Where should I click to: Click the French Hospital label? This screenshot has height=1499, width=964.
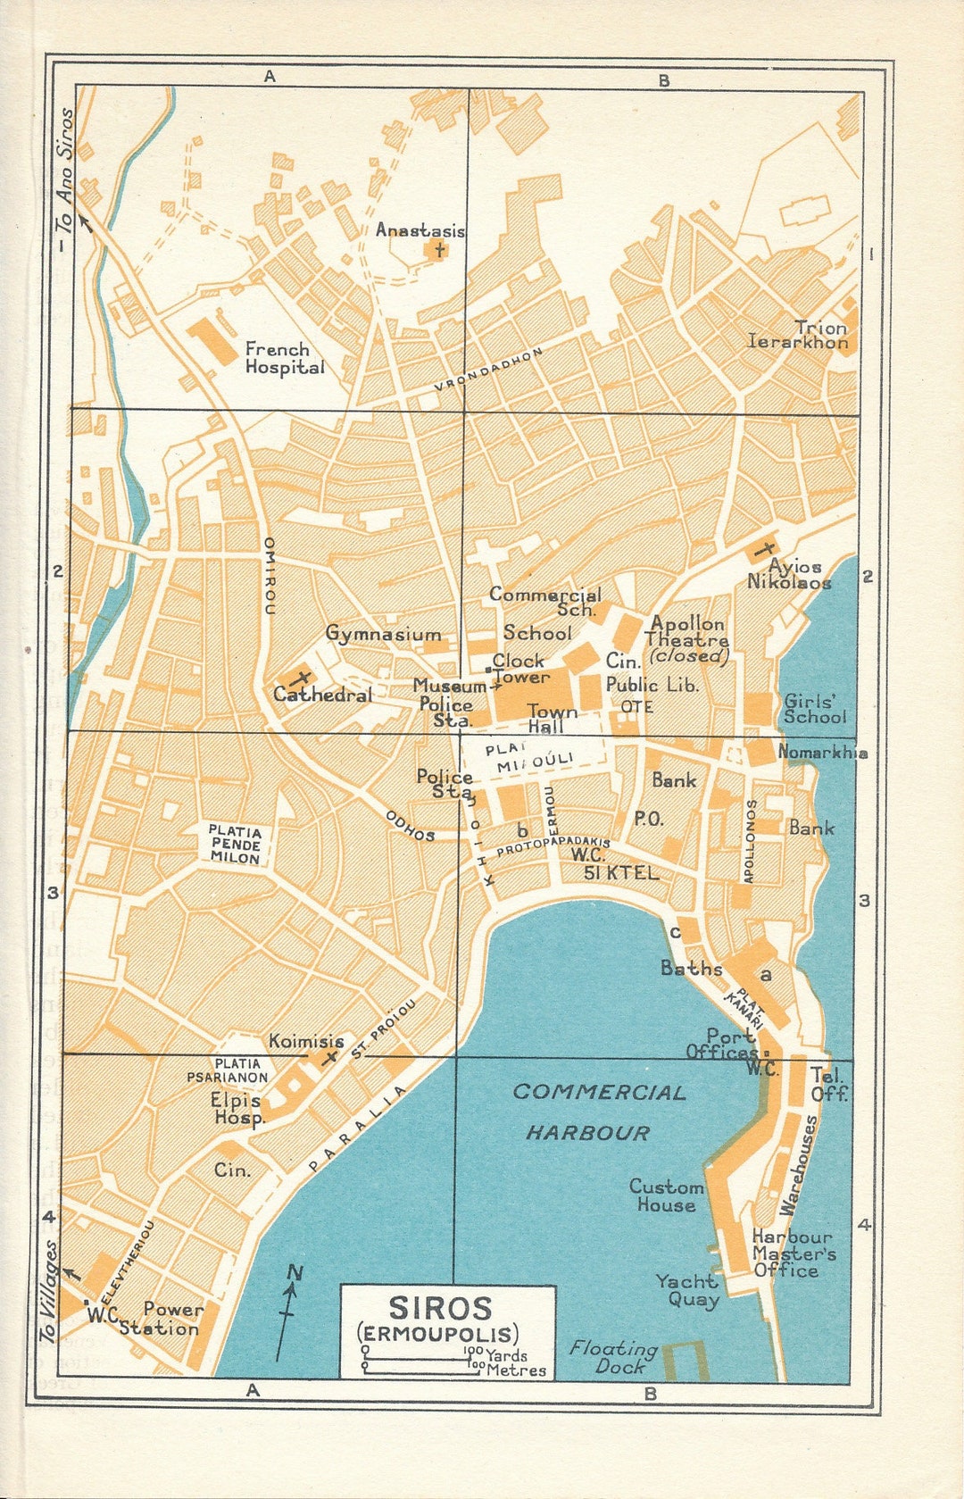(285, 358)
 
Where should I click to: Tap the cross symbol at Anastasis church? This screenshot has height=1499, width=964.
(438, 249)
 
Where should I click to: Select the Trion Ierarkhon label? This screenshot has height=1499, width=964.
(799, 335)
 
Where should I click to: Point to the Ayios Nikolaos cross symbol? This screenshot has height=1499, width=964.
(763, 548)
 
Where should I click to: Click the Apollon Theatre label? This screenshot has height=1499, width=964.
(687, 638)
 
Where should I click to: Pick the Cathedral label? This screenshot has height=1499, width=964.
(322, 695)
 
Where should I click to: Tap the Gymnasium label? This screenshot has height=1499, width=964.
(383, 634)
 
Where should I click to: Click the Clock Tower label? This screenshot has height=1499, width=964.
(519, 668)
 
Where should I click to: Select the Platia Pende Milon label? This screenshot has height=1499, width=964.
(236, 844)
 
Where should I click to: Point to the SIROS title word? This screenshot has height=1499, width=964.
(440, 1309)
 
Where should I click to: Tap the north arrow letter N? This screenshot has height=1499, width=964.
(295, 1273)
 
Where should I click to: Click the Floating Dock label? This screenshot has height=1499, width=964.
(615, 1357)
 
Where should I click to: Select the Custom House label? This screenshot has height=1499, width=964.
(666, 1195)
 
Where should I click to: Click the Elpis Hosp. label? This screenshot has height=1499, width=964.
(238, 1109)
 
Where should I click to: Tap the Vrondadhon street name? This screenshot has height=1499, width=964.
(489, 370)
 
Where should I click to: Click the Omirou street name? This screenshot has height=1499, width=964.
(270, 576)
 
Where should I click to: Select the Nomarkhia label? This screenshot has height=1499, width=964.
(822, 753)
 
